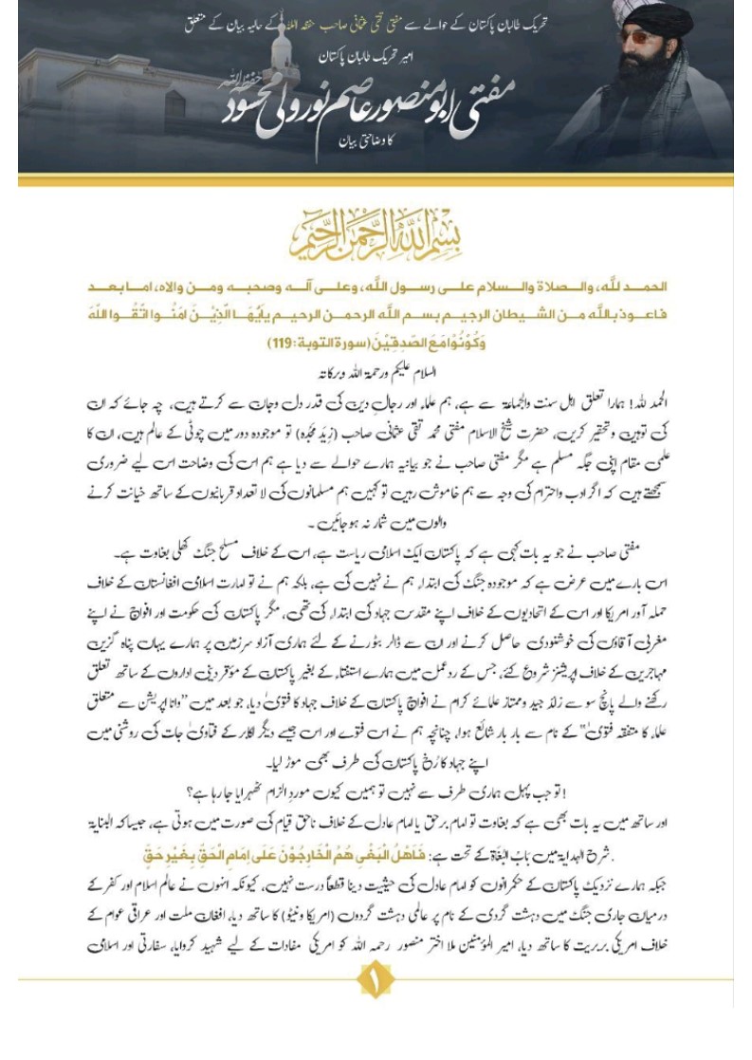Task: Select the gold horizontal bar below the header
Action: tap(376, 179)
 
